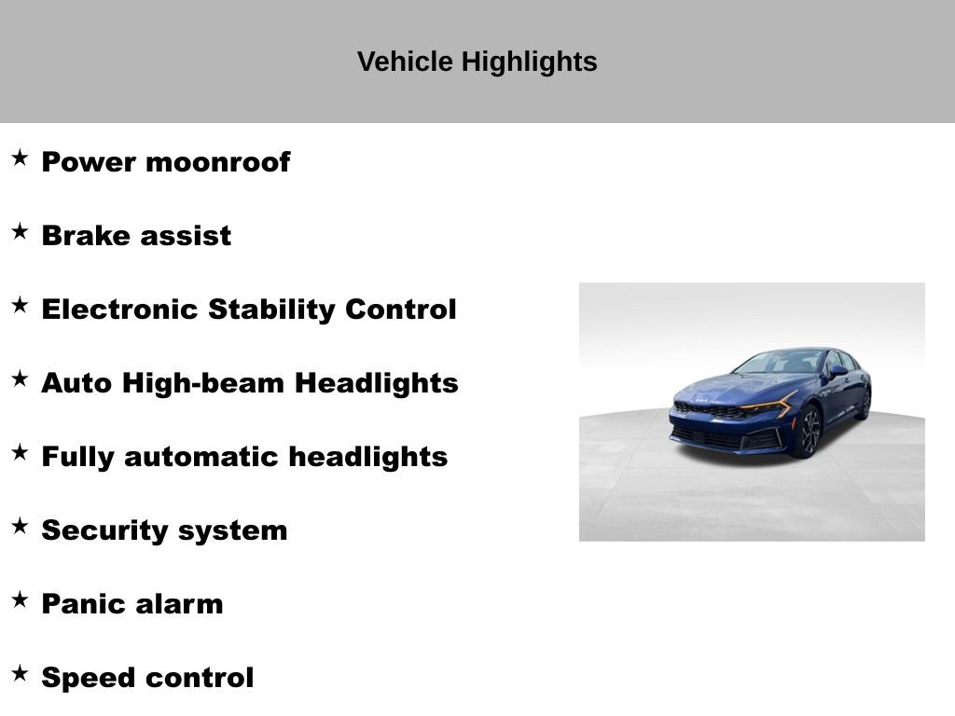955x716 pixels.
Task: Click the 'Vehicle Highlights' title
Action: coord(477,62)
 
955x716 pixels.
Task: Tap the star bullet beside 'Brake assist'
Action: coord(20,232)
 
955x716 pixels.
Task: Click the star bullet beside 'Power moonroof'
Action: coord(20,158)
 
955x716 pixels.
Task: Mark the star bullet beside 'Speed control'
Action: coord(20,674)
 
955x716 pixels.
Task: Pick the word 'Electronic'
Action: coord(119,310)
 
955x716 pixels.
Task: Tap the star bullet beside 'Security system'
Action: coord(20,527)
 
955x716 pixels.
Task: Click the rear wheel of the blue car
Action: coord(865,403)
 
